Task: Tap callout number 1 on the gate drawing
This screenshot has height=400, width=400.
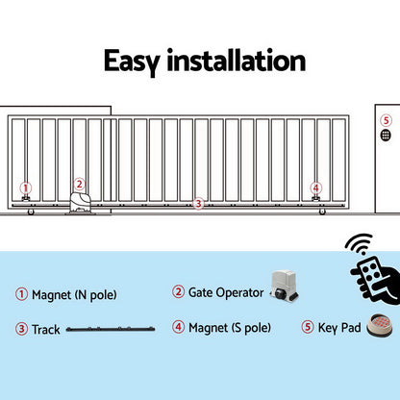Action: (x=26, y=188)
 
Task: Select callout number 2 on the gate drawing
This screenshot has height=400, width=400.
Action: (x=80, y=184)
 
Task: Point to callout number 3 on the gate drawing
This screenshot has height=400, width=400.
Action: (x=198, y=203)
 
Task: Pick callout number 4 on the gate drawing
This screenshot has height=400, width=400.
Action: (x=315, y=188)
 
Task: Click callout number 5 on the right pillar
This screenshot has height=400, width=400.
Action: (x=386, y=120)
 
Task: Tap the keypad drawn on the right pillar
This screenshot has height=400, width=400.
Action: (x=386, y=137)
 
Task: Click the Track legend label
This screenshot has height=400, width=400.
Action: (x=47, y=329)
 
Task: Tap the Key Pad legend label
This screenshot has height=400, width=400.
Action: (x=339, y=328)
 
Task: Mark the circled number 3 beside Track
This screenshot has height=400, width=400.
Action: (x=21, y=329)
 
